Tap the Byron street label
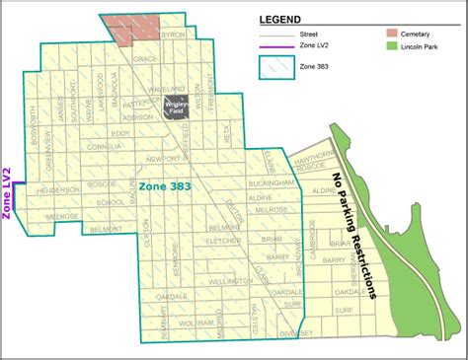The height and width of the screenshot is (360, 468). click(x=173, y=35)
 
